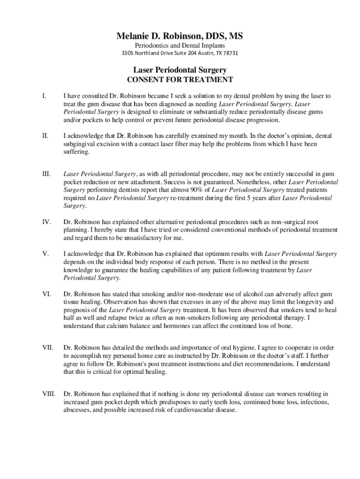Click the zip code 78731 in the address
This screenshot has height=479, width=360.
(x=229, y=53)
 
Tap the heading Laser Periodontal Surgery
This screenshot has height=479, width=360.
(x=180, y=70)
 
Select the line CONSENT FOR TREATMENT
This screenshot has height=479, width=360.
(x=180, y=80)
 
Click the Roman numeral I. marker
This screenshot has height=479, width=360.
(x=43, y=96)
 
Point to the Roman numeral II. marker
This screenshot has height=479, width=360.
(x=45, y=136)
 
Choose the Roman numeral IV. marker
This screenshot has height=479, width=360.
(x=46, y=222)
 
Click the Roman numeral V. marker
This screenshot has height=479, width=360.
(x=45, y=254)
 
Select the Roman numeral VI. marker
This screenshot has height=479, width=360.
(x=46, y=293)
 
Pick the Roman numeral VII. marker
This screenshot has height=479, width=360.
(x=47, y=348)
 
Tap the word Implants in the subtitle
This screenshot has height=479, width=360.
(x=213, y=45)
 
